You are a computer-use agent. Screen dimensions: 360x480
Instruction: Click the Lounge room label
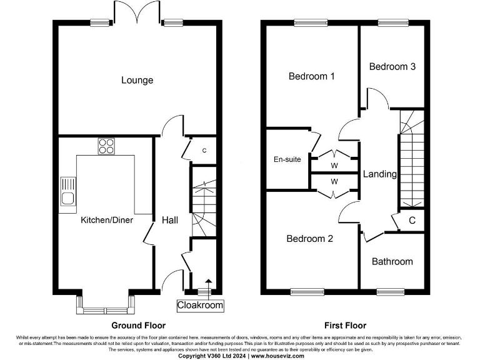(x=137, y=80)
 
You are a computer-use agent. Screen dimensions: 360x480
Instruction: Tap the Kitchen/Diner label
(x=106, y=220)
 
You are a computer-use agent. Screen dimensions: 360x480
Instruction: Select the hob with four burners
(x=106, y=146)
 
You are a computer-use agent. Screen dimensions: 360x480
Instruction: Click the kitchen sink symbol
(x=67, y=192)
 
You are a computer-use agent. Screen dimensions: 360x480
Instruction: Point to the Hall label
(x=170, y=220)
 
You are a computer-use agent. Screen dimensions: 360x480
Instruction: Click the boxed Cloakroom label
(x=199, y=306)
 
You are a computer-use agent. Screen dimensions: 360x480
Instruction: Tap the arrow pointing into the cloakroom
(x=208, y=284)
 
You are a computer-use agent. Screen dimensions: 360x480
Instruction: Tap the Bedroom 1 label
(x=311, y=76)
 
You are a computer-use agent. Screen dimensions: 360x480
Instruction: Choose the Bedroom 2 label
(x=309, y=239)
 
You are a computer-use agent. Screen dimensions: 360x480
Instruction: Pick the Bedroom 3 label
(x=392, y=66)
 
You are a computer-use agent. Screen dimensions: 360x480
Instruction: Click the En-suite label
(x=287, y=159)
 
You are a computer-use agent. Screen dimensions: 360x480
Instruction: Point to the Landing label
(x=379, y=174)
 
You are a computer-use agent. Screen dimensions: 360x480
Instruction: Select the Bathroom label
(x=392, y=261)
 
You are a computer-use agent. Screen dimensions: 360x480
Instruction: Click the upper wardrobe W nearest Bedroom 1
(x=334, y=165)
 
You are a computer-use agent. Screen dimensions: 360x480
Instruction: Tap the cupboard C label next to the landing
(x=412, y=220)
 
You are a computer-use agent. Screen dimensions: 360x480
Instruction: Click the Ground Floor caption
(x=138, y=325)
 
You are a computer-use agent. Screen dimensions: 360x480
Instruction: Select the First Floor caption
(x=345, y=325)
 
